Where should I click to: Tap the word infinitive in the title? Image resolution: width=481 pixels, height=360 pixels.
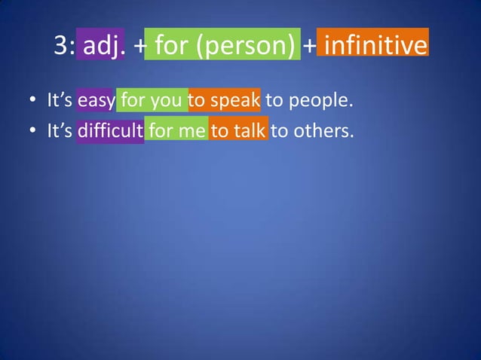375,47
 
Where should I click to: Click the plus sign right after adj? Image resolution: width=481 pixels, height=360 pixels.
140,47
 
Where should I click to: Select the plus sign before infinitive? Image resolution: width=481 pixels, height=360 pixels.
310,47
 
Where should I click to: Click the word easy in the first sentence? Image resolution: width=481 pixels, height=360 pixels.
95,99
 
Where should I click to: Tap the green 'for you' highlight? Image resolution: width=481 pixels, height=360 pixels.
152,99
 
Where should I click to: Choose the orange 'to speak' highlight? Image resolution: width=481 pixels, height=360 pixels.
225,99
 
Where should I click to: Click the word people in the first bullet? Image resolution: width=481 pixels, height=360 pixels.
328,99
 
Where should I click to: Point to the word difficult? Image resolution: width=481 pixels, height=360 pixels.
110,130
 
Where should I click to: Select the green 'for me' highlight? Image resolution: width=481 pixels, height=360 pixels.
176,130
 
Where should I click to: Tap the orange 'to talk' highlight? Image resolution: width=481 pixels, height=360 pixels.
238,130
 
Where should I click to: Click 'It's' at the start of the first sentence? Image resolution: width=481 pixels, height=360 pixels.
59,99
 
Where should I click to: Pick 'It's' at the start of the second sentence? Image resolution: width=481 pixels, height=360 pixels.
59,130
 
